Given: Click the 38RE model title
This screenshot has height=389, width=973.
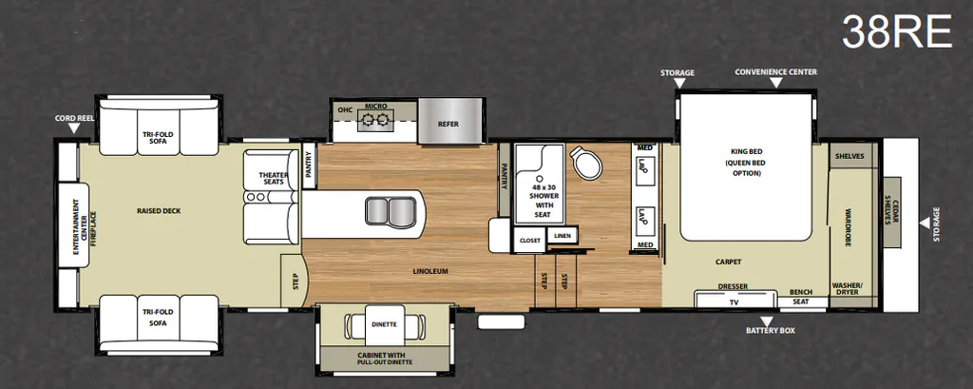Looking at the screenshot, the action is click(896, 31).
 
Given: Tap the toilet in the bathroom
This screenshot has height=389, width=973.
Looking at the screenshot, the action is click(585, 163).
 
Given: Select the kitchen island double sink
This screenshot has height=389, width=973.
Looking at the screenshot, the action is click(391, 210).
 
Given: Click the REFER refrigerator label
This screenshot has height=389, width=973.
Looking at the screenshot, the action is click(448, 125).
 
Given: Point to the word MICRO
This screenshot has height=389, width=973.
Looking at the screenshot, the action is click(376, 107).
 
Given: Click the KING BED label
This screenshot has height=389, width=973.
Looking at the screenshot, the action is click(747, 151).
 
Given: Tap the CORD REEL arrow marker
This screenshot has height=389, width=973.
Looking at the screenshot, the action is click(74, 128).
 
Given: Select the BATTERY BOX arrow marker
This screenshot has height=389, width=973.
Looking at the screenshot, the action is click(768, 321).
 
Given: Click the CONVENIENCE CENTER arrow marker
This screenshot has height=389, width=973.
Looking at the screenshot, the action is click(776, 84).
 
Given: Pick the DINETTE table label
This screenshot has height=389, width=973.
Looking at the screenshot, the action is click(385, 323).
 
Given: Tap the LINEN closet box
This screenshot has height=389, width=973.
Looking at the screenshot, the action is click(563, 236).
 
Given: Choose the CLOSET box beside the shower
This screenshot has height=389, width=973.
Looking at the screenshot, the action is click(529, 240).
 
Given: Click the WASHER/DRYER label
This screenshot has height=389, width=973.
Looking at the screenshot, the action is click(847, 289).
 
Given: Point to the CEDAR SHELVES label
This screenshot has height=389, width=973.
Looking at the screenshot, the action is click(891, 212).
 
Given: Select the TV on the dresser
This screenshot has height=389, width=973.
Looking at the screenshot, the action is click(735, 301).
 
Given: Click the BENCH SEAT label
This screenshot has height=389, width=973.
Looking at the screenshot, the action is click(801, 297).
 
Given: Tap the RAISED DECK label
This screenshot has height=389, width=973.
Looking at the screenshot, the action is click(159, 210).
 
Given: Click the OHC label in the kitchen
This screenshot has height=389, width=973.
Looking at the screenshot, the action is click(345, 110).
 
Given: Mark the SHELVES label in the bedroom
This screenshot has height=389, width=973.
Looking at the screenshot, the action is click(849, 156).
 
